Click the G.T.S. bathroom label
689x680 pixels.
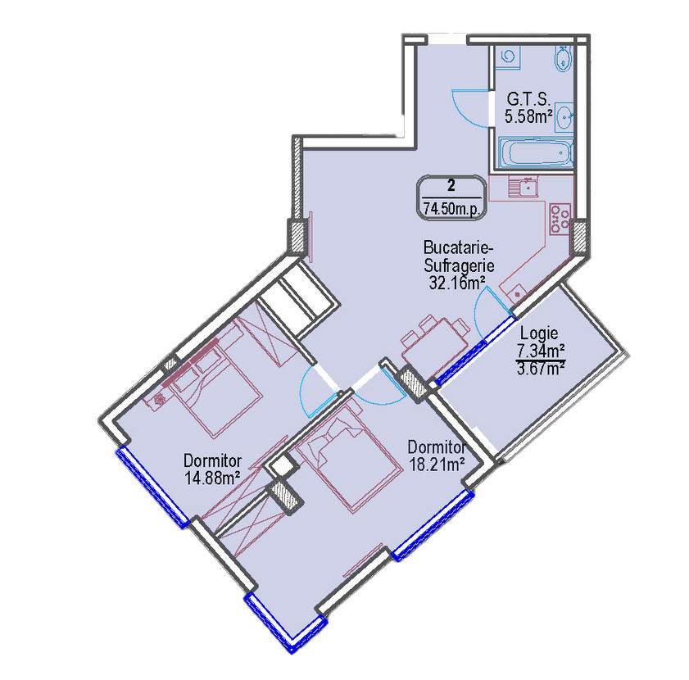pyautogui.click(x=528, y=98)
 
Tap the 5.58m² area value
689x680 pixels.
pyautogui.click(x=528, y=117)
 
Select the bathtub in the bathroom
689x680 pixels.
pyautogui.click(x=536, y=153)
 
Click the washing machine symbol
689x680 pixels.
pyautogui.click(x=508, y=57)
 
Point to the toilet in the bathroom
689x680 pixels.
pyautogui.click(x=564, y=58)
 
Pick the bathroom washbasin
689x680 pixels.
pyautogui.click(x=564, y=117)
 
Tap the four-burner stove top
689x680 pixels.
pyautogui.click(x=560, y=219)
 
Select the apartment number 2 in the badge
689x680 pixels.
pyautogui.click(x=451, y=185)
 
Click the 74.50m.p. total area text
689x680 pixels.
pyautogui.click(x=451, y=208)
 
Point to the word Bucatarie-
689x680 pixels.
pyautogui.click(x=458, y=248)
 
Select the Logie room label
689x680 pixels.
pyautogui.click(x=539, y=333)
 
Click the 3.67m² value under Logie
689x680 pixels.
pyautogui.click(x=541, y=368)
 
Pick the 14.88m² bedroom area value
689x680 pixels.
pyautogui.click(x=212, y=478)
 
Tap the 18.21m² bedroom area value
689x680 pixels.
pyautogui.click(x=437, y=464)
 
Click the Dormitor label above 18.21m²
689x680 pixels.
pyautogui.click(x=437, y=447)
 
